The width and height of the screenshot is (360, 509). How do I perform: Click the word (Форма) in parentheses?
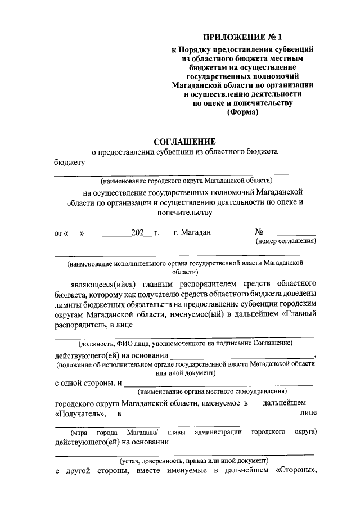tap(242, 112)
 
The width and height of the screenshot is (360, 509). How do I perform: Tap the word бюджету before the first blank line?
tap(69, 163)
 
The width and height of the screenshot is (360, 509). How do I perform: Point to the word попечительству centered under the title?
tap(181, 213)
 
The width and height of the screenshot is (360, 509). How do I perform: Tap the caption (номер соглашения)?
tap(285, 241)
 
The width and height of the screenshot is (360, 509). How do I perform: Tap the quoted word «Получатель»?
tap(81, 413)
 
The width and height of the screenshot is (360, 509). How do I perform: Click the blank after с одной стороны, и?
tap(217, 385)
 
